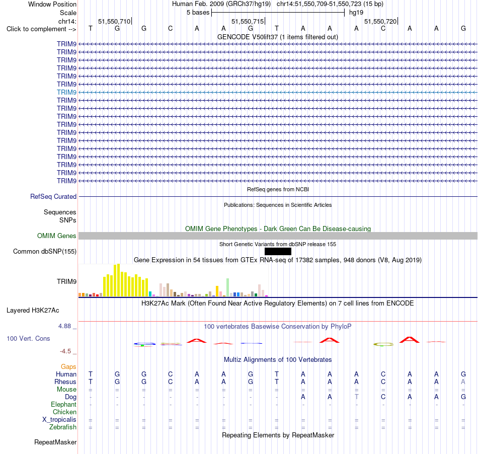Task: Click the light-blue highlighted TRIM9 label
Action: (66, 93)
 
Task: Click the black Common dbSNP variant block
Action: (278, 251)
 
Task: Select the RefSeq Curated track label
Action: (53, 197)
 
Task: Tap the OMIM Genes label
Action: (56, 236)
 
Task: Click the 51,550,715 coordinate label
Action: (247, 21)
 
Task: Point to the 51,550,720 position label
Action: (380, 21)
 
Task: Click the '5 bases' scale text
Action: (198, 13)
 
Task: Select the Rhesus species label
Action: (65, 382)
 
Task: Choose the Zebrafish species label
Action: (63, 427)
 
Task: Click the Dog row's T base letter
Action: (356, 397)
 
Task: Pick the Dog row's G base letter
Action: (463, 397)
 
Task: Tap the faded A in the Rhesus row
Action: (463, 382)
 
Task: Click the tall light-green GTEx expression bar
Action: (227, 287)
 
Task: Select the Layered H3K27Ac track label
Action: (33, 311)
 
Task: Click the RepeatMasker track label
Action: (55, 442)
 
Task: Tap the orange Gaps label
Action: (68, 366)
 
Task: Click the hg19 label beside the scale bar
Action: (356, 13)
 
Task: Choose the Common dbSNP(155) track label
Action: (44, 252)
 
